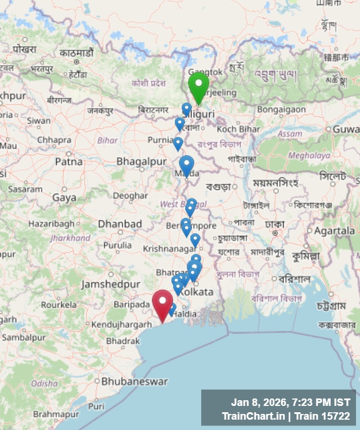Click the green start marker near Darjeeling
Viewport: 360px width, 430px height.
pyautogui.click(x=198, y=86)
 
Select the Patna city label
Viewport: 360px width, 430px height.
pyautogui.click(x=69, y=162)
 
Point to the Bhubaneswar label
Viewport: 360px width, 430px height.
pyautogui.click(x=134, y=381)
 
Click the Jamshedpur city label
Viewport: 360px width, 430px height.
pyautogui.click(x=110, y=284)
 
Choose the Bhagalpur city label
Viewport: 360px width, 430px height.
pyautogui.click(x=141, y=162)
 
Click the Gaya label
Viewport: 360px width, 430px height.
pyautogui.click(x=64, y=197)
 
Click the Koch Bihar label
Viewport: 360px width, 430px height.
pyautogui.click(x=238, y=129)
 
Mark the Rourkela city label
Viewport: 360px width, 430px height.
pyautogui.click(x=58, y=305)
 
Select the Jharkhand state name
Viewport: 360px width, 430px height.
pyautogui.click(x=69, y=237)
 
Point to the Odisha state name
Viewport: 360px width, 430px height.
pyautogui.click(x=44, y=383)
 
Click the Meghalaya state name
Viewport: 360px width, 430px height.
pyautogui.click(x=309, y=155)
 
